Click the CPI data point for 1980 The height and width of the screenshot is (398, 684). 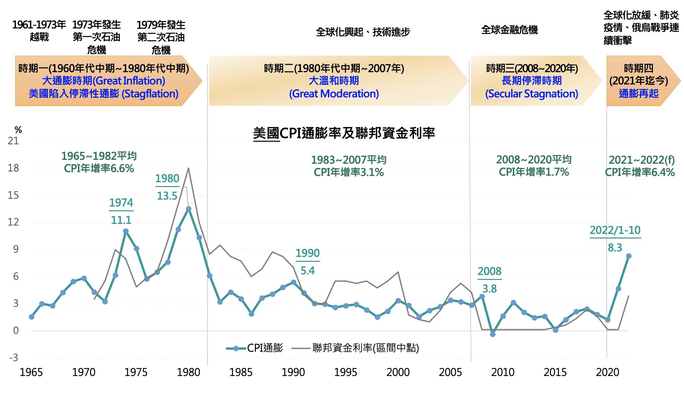(188, 209)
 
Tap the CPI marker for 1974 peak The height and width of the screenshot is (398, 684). (126, 231)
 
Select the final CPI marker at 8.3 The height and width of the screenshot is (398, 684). (629, 256)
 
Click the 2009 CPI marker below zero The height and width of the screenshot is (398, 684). (493, 334)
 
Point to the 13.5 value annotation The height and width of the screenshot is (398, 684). (167, 196)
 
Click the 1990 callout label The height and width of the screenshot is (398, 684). (307, 253)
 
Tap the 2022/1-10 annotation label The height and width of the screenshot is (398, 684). (615, 230)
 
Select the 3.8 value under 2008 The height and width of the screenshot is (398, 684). (489, 289)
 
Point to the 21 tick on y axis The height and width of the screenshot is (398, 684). (13, 141)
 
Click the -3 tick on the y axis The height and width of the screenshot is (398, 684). (13, 358)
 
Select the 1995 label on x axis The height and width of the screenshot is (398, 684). (346, 372)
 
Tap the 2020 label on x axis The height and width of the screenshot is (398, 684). (607, 372)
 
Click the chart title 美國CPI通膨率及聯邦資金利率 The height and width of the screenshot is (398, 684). (344, 133)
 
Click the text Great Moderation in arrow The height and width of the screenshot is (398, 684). (334, 94)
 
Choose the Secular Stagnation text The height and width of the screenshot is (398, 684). (531, 94)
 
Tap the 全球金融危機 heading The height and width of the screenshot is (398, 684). (509, 30)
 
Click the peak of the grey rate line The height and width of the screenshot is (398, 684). (188, 168)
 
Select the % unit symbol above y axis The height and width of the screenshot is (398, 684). (18, 130)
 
